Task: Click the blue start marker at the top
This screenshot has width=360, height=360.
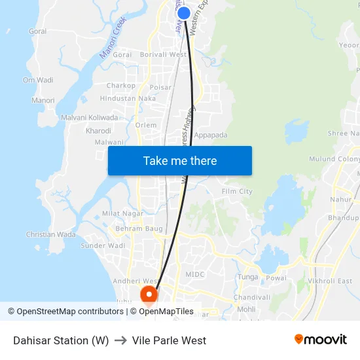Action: pos(184,13)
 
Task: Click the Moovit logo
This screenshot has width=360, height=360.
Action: pos(320,340)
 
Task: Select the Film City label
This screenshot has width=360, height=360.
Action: pos(237,192)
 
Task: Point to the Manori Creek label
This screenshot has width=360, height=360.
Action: pos(113,41)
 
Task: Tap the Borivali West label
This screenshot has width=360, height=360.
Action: pos(164,55)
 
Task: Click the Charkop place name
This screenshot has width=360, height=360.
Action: pos(121,86)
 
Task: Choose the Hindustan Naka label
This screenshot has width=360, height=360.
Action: pos(128,99)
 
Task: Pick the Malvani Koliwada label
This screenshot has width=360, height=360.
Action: pos(90,118)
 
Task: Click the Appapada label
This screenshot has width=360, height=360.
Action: pos(211,135)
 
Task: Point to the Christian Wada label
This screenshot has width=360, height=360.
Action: pos(51,234)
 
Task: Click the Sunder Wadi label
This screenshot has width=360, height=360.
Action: pos(103,246)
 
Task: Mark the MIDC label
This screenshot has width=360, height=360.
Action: pos(195,275)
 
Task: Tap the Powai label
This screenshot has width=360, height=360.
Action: pos(276,278)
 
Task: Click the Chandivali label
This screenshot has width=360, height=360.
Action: pos(252,298)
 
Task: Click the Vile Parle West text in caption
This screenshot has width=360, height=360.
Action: pos(169,340)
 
